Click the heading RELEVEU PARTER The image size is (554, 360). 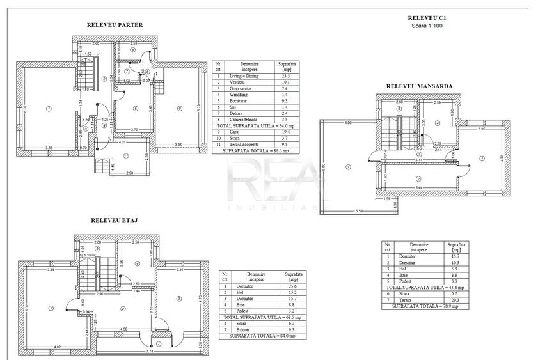[x=115, y=26]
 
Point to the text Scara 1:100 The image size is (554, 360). [x=427, y=26]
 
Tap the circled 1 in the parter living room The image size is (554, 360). [x=49, y=109]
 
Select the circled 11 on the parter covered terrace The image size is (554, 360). [x=127, y=155]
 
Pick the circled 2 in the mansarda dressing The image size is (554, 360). [x=418, y=178]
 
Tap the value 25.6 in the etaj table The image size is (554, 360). [x=291, y=286]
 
